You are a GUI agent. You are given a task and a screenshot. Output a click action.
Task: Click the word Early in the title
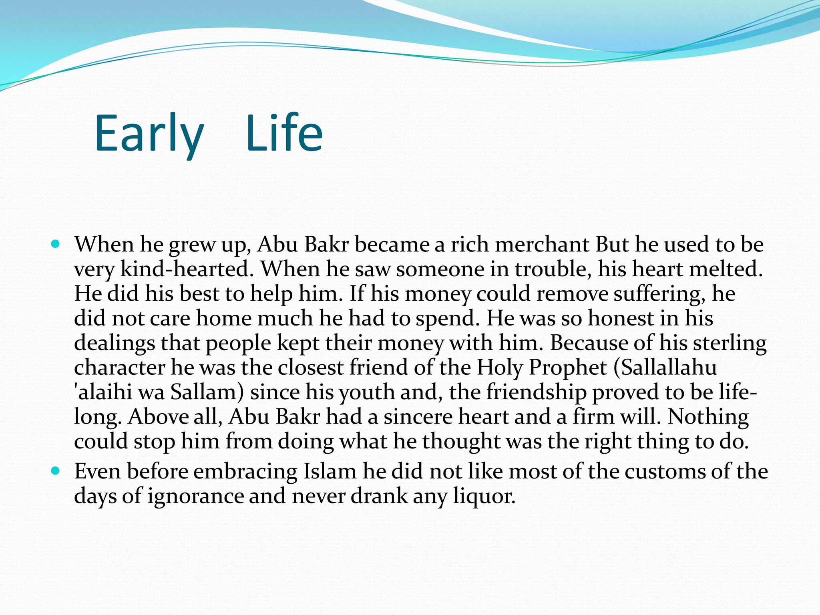tap(149, 134)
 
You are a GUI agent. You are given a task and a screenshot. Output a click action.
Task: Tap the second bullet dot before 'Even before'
tap(56, 470)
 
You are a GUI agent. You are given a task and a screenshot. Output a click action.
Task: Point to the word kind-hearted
tap(187, 269)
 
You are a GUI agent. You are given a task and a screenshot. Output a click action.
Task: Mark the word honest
tap(619, 319)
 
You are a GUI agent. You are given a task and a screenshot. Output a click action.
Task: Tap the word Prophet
tap(568, 368)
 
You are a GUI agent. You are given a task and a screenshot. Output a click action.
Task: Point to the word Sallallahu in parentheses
tap(665, 368)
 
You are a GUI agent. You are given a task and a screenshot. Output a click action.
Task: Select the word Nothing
tap(708, 417)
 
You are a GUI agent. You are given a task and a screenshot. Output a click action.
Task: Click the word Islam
tap(330, 471)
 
